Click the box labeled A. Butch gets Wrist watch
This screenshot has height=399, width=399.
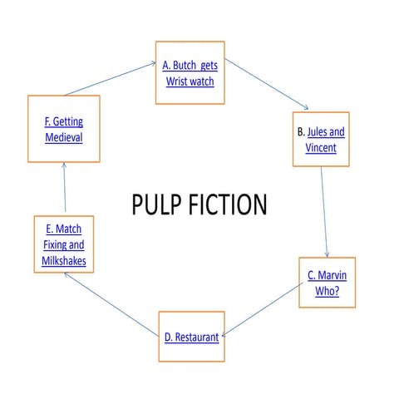(x=190, y=71)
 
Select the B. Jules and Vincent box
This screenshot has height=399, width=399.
(x=321, y=140)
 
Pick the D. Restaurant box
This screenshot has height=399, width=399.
(x=191, y=337)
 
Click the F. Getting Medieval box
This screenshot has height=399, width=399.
(x=63, y=130)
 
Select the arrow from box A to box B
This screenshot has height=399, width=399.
(x=267, y=84)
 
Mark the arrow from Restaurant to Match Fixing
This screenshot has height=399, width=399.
(x=111, y=304)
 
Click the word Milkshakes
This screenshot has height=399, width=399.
(x=64, y=261)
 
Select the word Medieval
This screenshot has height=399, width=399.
(x=63, y=138)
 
